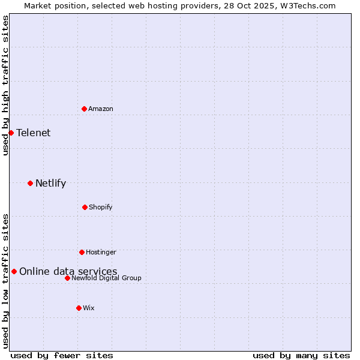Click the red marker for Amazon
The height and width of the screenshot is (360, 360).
tap(84, 109)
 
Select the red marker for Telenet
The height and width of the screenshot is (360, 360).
tap(11, 133)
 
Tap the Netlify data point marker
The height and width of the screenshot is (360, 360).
tap(30, 183)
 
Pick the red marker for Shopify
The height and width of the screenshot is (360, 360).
tap(85, 207)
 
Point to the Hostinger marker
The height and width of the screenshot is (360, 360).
tap(82, 252)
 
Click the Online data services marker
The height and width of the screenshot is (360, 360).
tap(14, 271)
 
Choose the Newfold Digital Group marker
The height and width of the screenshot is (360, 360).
tap(67, 278)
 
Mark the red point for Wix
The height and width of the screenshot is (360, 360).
tap(79, 308)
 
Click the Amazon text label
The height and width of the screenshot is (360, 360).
tap(101, 109)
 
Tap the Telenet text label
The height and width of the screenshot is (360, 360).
tap(34, 133)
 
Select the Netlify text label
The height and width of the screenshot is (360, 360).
tap(50, 184)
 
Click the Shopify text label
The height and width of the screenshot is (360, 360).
tap(101, 207)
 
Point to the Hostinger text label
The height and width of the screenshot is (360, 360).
tap(101, 252)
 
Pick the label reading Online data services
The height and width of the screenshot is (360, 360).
tap(68, 272)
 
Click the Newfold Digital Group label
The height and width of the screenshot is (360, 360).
tap(107, 278)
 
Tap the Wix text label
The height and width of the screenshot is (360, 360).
tap(89, 308)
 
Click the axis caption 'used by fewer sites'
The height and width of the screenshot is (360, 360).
tap(62, 355)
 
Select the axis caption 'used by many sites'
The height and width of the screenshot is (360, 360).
tap(301, 355)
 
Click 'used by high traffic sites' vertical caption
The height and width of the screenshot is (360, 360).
tap(5, 85)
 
